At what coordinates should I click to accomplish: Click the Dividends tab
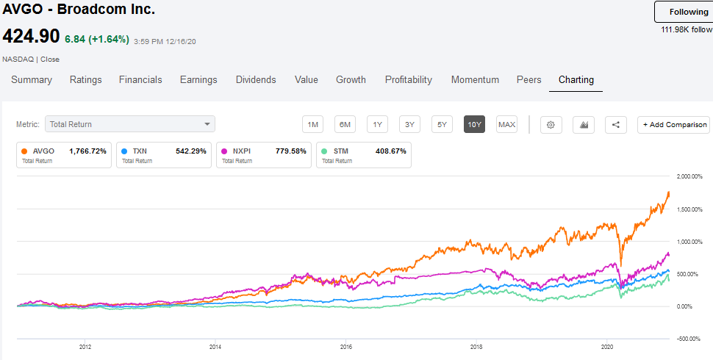pos(256,79)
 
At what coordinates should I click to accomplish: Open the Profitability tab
pos(408,79)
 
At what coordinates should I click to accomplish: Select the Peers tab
pos(529,79)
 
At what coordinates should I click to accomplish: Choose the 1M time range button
pos(312,125)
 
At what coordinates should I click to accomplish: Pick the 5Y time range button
pos(442,125)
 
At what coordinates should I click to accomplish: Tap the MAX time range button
pos(506,125)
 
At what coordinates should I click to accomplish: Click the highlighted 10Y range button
pos(474,125)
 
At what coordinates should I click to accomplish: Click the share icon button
pos(615,125)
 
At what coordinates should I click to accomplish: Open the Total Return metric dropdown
pos(129,125)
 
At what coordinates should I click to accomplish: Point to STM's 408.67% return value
pos(390,151)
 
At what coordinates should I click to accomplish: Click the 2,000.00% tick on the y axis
pos(690,176)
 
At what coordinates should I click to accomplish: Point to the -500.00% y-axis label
pos(690,339)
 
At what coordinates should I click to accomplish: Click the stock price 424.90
pos(31,37)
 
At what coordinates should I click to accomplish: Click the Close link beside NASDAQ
pos(50,59)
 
